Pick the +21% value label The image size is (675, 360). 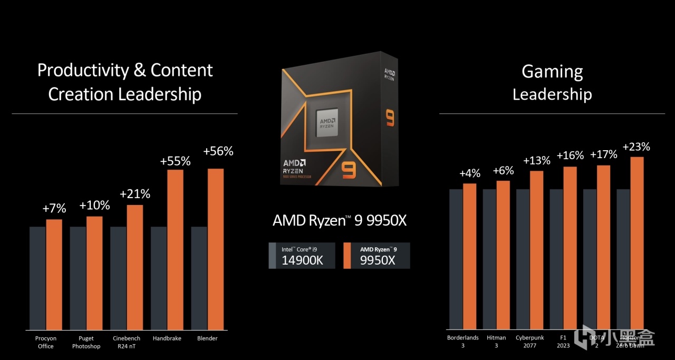134,194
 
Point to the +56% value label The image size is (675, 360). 218,151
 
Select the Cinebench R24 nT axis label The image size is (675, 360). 127,342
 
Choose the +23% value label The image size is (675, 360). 636,147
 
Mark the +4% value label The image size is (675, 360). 469,173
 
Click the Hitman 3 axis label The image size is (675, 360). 496,342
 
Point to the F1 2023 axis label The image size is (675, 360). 563,342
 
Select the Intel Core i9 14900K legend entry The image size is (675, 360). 302,256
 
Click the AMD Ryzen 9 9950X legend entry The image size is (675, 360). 377,256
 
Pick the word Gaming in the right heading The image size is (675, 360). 552,71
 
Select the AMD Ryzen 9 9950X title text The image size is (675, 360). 340,220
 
